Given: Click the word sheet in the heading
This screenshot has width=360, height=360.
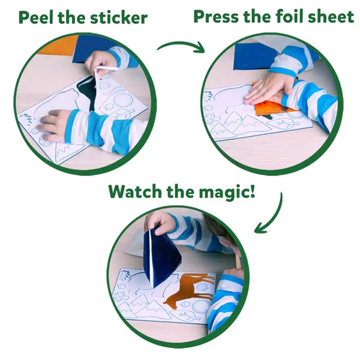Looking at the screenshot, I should click(x=331, y=16).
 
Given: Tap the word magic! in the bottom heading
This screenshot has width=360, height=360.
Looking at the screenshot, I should click(x=227, y=193).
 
